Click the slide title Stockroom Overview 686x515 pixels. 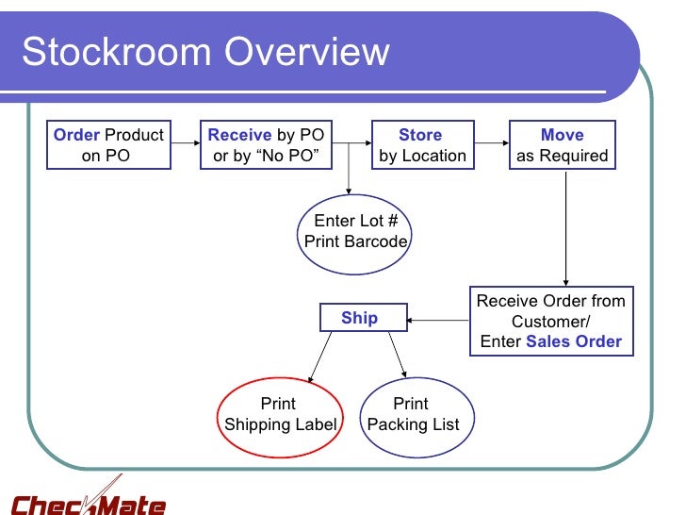click(205, 52)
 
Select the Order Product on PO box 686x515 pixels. click(109, 145)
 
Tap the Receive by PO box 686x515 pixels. click(267, 145)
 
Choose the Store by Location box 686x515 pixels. click(421, 145)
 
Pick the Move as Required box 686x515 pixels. click(563, 145)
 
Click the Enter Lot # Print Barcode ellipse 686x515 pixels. click(355, 231)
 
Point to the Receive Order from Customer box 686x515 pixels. click(551, 322)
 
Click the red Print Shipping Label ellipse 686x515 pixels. click(280, 414)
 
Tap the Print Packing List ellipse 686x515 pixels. click(413, 414)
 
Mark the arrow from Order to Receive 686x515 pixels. click(186, 144)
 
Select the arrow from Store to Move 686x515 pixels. click(491, 144)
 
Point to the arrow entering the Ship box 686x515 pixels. click(438, 319)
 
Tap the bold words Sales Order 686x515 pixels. click(573, 341)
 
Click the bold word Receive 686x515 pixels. click(239, 135)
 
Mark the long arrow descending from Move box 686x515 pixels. click(564, 226)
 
